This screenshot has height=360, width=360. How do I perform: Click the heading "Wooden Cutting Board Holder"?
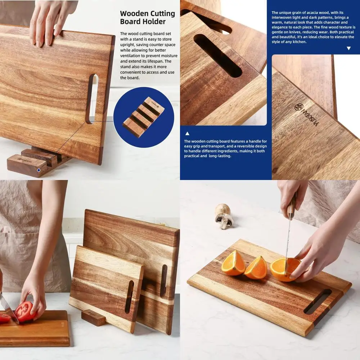147,18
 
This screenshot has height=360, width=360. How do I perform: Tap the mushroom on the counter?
224,216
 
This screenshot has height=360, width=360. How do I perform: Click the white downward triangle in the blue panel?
348,48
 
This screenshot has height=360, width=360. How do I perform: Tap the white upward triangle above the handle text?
187,134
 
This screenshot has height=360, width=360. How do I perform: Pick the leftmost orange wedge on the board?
233,263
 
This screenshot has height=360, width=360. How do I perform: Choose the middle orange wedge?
256,268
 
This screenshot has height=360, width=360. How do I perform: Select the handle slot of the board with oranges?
317,301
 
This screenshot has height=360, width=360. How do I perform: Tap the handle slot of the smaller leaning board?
129,297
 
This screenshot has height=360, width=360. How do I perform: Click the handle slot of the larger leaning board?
164,281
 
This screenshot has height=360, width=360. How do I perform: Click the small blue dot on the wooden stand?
39,170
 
